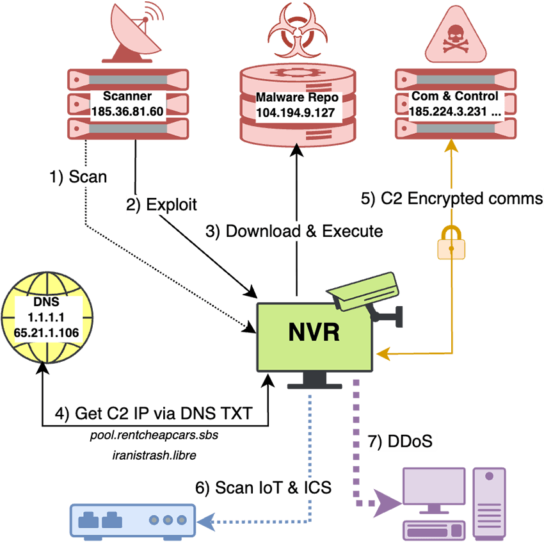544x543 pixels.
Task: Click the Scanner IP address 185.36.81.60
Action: tap(127, 111)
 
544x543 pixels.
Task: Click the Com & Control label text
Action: tap(454, 97)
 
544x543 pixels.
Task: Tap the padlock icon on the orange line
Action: tap(451, 243)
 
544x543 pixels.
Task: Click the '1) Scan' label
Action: tap(78, 176)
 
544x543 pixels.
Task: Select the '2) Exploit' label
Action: tap(161, 205)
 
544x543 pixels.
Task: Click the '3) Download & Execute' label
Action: tap(294, 231)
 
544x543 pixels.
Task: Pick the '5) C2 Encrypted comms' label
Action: tap(452, 199)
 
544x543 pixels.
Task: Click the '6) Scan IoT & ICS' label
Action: tap(263, 487)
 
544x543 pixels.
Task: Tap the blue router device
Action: tap(132, 519)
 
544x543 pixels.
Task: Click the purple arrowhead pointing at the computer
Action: tap(387, 501)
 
